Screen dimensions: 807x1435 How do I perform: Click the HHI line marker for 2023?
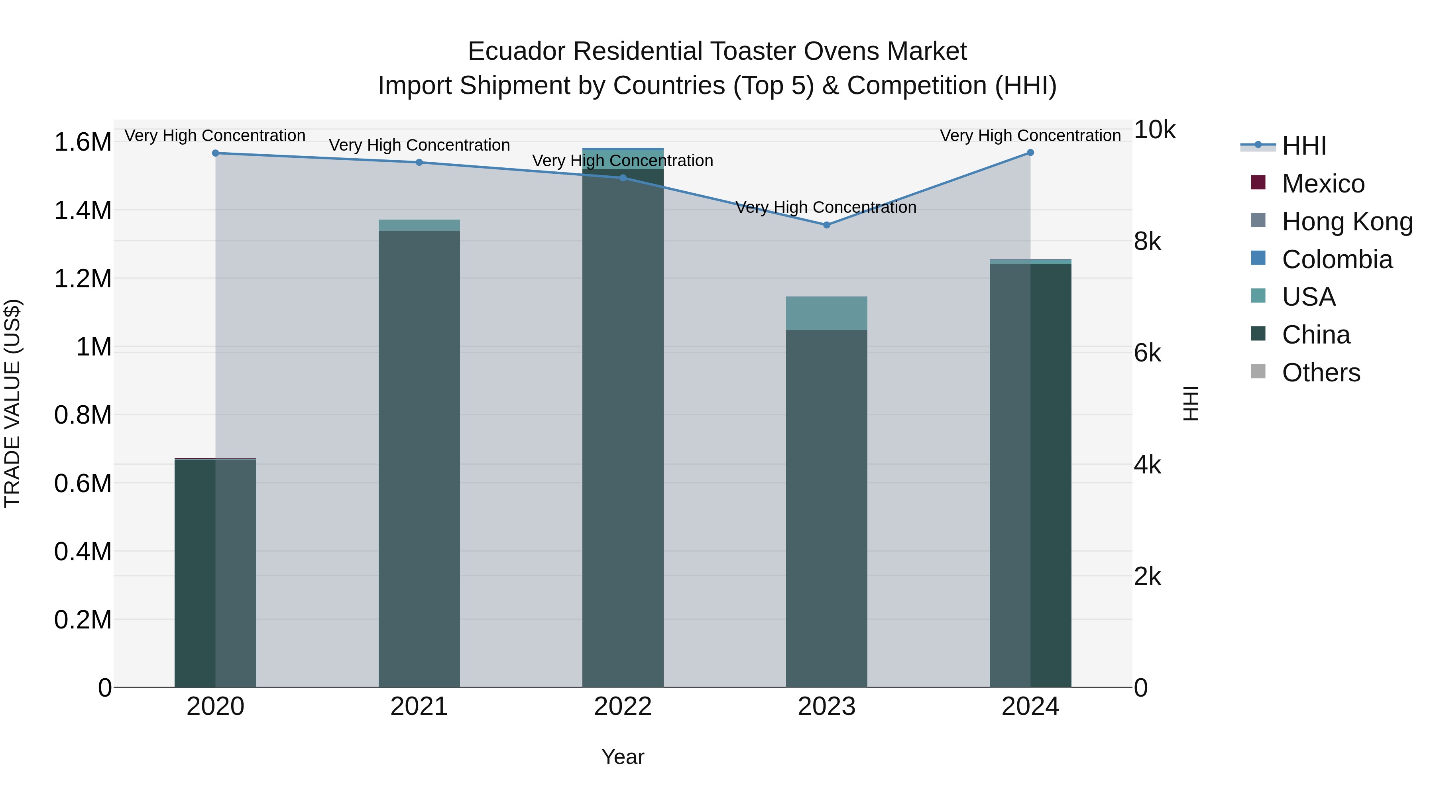pyautogui.click(x=826, y=225)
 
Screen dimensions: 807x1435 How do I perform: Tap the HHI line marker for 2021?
pyautogui.click(x=419, y=163)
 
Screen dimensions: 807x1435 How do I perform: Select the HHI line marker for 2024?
pyautogui.click(x=1030, y=153)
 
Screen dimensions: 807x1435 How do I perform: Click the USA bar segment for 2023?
pyautogui.click(x=826, y=313)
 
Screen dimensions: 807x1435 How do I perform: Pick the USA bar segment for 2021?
pyautogui.click(x=419, y=225)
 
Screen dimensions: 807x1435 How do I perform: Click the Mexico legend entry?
pyautogui.click(x=1323, y=184)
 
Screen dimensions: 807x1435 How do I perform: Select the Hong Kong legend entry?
pyautogui.click(x=1347, y=222)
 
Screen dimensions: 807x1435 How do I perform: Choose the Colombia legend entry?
pyautogui.click(x=1337, y=259)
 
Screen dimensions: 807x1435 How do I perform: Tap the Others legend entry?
pyautogui.click(x=1321, y=373)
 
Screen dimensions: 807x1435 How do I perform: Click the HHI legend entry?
pyautogui.click(x=1303, y=146)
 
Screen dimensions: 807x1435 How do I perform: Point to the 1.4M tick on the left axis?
pyautogui.click(x=83, y=210)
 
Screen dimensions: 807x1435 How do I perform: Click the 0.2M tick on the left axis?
pyautogui.click(x=83, y=620)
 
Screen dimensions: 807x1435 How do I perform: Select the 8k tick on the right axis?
pyautogui.click(x=1148, y=242)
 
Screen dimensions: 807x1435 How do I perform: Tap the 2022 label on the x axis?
pyautogui.click(x=623, y=707)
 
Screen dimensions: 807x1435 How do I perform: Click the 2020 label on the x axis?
pyautogui.click(x=216, y=707)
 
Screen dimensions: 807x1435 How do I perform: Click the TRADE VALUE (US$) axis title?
pyautogui.click(x=12, y=403)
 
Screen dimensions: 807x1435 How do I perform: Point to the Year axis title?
pyautogui.click(x=623, y=757)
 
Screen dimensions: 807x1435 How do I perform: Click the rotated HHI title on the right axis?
pyautogui.click(x=1190, y=403)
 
